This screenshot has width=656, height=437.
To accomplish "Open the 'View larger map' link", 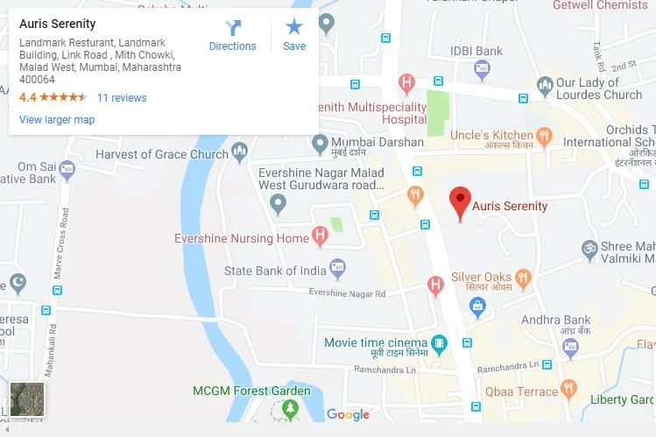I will click(57, 120).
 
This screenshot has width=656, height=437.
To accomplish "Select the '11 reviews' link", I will click(122, 98).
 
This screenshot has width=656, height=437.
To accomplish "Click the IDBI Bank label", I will click(476, 51).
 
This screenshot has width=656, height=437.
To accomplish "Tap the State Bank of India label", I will click(275, 271).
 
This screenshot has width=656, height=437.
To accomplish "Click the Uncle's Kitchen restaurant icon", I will click(544, 136).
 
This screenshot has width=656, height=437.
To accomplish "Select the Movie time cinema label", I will click(376, 342).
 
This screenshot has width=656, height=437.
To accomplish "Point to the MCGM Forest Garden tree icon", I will click(290, 409).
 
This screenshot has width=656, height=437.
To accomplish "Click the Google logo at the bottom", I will click(348, 415).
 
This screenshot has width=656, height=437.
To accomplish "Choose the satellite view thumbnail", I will click(27, 399).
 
